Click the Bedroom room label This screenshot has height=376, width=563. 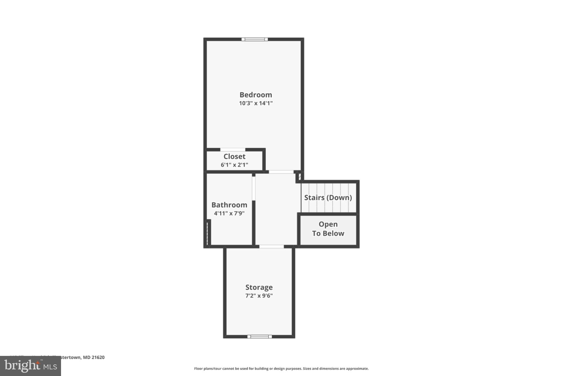(256, 95)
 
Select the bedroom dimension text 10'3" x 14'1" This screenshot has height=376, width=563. (256, 103)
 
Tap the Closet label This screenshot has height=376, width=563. (234, 156)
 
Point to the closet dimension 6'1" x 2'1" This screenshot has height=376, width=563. (234, 165)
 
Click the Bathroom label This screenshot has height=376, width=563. (229, 205)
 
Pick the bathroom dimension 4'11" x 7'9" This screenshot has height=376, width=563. (229, 213)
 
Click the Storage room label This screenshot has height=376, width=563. (259, 287)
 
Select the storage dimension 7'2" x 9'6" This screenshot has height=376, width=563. (259, 296)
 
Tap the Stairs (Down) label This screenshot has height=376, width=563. (328, 198)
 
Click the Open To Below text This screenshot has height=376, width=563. (328, 229)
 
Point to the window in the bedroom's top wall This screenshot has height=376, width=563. (255, 39)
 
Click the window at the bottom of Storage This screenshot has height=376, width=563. (260, 336)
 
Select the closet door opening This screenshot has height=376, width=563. (233, 150)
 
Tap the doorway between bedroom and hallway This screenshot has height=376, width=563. (281, 172)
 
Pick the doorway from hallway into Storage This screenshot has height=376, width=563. (271, 246)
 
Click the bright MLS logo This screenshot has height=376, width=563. (31, 366)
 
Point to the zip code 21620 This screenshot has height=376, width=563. (98, 357)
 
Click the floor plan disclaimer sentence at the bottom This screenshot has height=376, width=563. (281, 369)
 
